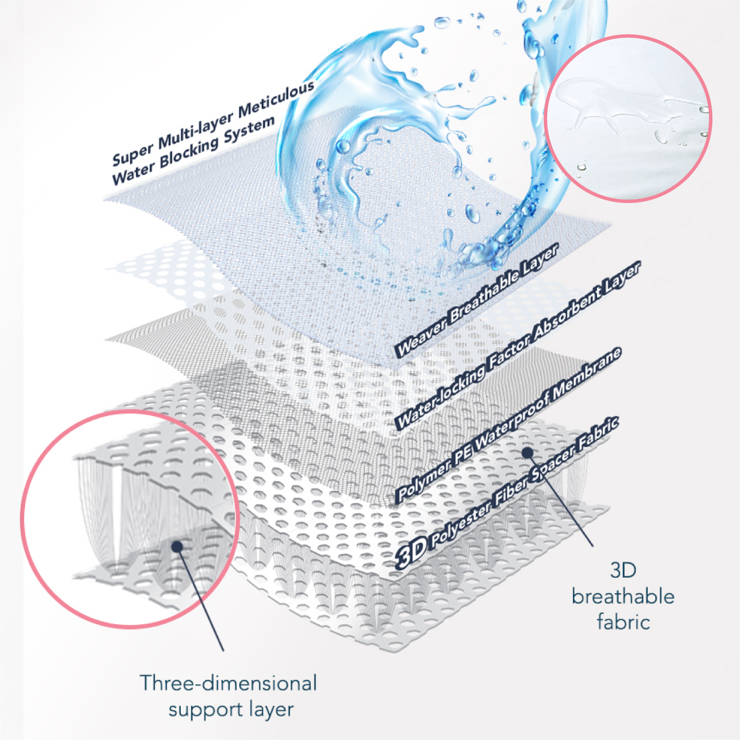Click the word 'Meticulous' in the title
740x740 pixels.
tap(277, 98)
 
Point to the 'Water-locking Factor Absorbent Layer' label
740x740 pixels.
tap(518, 345)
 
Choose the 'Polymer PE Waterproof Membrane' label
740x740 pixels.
tap(508, 424)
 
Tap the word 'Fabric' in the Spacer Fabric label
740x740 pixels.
tap(599, 431)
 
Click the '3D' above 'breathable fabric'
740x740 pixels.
tap(623, 571)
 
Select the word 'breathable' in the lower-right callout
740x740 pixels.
tap(623, 596)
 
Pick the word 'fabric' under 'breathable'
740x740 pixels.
tap(623, 622)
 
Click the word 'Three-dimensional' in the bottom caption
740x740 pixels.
tap(228, 683)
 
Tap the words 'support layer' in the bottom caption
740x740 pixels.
tap(230, 709)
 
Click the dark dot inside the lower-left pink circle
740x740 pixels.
tap(176, 546)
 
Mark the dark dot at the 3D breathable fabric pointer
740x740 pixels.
tap(528, 452)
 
